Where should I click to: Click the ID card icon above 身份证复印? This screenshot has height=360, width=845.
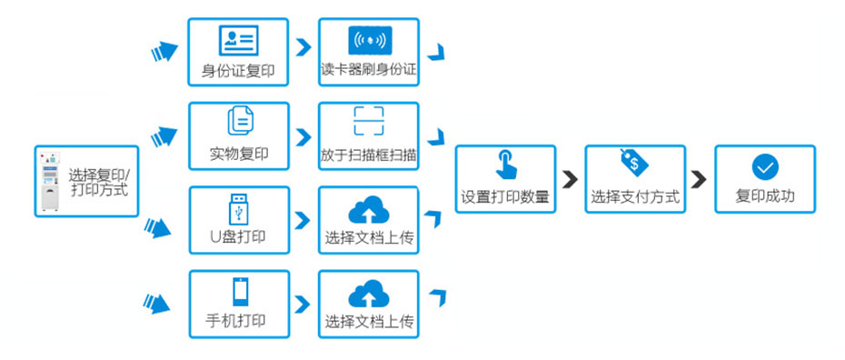click(x=238, y=40)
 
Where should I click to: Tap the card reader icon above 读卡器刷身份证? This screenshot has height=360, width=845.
click(x=369, y=40)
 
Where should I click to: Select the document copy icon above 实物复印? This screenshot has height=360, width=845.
click(x=240, y=122)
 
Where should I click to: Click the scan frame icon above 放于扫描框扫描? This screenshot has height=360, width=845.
click(x=369, y=122)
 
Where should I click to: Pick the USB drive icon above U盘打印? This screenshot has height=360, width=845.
click(x=238, y=207)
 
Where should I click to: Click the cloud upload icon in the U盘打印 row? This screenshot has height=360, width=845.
click(x=368, y=210)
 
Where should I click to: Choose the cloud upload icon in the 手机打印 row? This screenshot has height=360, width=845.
click(x=368, y=293)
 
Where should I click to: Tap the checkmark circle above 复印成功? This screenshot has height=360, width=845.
click(x=764, y=166)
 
